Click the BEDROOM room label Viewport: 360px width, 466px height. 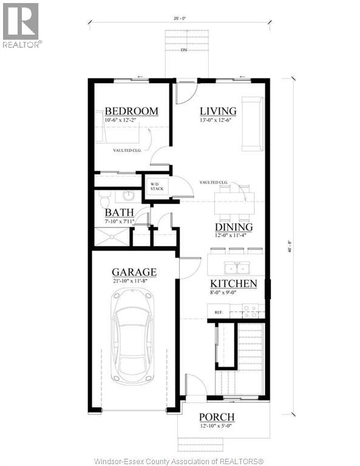tap(131, 112)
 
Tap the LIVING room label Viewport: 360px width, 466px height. tap(218, 111)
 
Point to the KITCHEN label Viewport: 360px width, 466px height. tap(233, 284)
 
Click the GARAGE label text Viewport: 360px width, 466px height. tap(134, 272)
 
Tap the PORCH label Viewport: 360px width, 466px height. tap(217, 417)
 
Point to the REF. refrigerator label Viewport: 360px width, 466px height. tap(219, 312)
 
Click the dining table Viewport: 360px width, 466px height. tap(233, 203)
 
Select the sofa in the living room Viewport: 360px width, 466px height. tap(250, 123)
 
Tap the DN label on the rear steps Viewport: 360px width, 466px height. tap(183, 50)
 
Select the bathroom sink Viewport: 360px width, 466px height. tap(129, 195)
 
